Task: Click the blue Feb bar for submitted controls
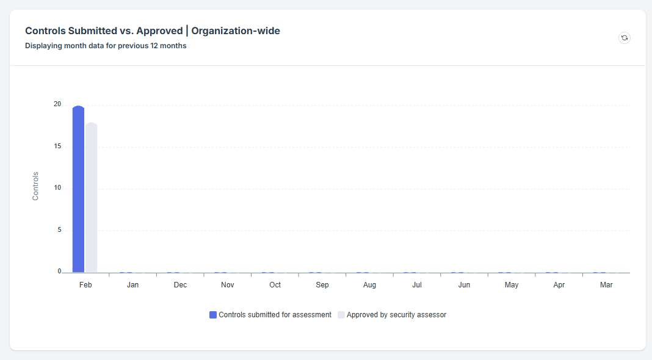pos(78,189)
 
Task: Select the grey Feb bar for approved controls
pos(91,198)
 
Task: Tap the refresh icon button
pos(624,38)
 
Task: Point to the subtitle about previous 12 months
pos(106,46)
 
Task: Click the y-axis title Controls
pos(35,186)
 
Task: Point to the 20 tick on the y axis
pos(57,104)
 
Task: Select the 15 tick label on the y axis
pos(57,146)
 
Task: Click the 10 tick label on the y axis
pos(57,188)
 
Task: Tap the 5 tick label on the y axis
pos(59,230)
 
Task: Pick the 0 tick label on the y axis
pos(59,272)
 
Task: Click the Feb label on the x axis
pos(85,285)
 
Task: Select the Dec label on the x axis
pos(180,285)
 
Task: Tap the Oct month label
pos(275,285)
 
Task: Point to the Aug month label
pos(369,285)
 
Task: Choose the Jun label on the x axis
pos(464,285)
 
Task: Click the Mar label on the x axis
pos(606,285)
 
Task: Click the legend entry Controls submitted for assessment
pos(275,315)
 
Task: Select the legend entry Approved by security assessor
pos(396,315)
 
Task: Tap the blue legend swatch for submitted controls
pos(213,315)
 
